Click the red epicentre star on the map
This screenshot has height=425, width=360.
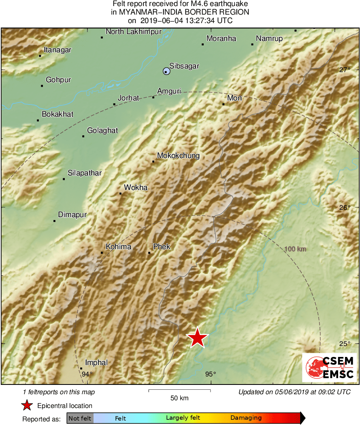click(x=197, y=337)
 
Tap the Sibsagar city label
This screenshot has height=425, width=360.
click(x=184, y=66)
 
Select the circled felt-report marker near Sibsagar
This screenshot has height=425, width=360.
click(x=166, y=71)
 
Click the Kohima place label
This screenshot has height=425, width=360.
click(x=118, y=246)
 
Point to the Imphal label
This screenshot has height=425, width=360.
click(x=96, y=363)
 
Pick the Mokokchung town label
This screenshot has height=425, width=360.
click(x=178, y=156)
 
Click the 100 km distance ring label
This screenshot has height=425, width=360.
click(x=295, y=249)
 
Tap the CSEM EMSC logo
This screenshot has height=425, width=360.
click(x=329, y=367)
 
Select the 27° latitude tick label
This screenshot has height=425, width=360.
click(x=345, y=70)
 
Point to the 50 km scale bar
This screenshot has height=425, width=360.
click(x=179, y=391)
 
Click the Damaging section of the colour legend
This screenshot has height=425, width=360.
click(x=246, y=418)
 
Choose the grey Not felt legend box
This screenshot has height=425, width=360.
click(x=80, y=418)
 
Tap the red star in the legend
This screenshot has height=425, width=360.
click(x=27, y=405)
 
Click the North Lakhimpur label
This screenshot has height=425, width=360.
click(x=131, y=32)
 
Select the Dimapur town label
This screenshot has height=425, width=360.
click(x=72, y=215)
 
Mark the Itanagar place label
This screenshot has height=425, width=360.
click(x=58, y=50)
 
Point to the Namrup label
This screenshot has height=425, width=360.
click(x=269, y=38)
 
